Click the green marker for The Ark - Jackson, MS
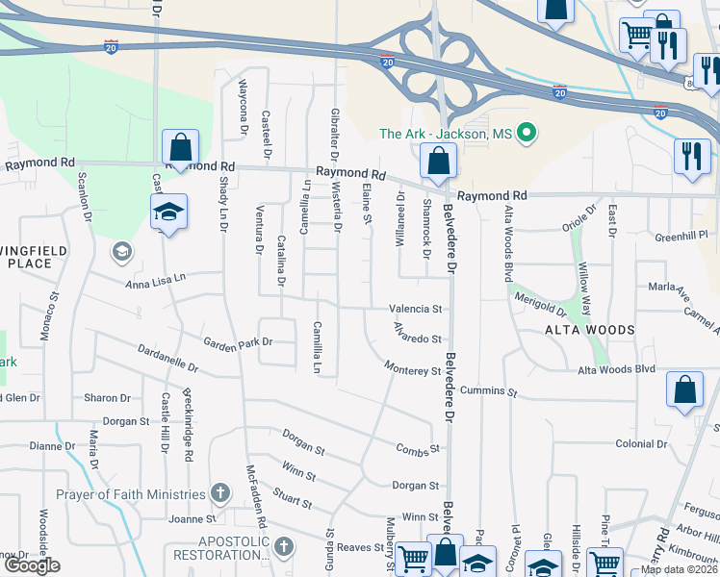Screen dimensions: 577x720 527,134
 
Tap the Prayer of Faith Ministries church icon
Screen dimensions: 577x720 219,494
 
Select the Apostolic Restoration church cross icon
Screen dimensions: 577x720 283,547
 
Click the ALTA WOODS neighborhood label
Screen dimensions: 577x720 590,330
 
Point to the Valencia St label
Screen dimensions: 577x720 415,310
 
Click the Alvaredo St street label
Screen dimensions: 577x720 415,338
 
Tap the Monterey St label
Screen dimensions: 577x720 412,369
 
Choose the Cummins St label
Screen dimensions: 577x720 489,392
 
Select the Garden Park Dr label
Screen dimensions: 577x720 238,341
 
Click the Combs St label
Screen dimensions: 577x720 418,448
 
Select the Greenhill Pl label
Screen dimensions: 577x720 681,235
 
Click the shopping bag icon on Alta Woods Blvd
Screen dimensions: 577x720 684,390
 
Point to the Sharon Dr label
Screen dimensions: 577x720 107,397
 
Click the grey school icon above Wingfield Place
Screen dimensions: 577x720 121,253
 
